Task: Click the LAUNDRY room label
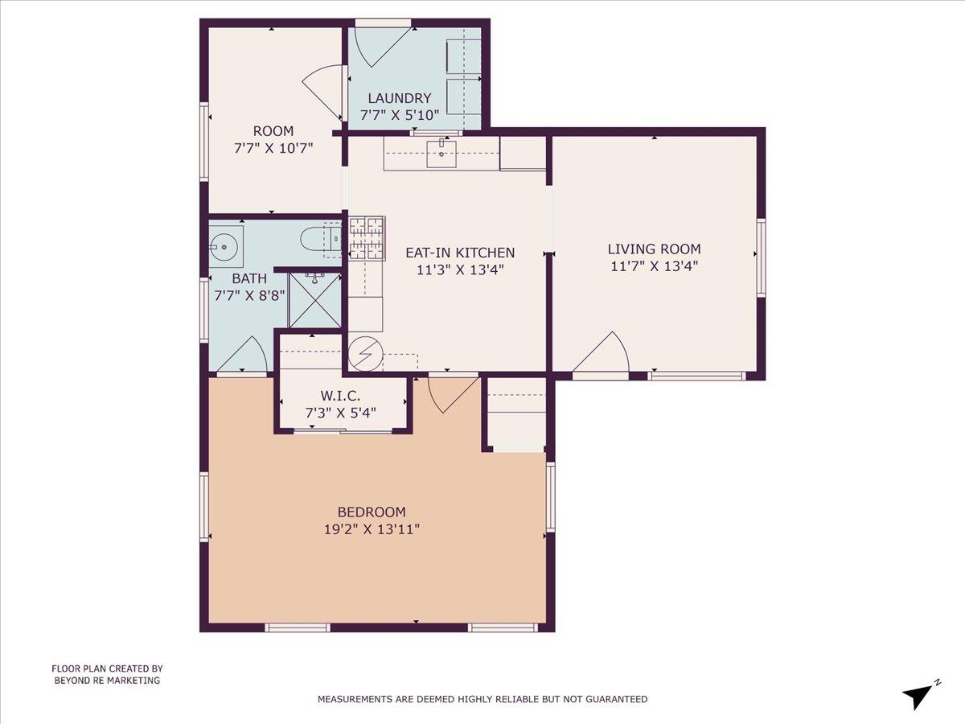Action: click(x=400, y=99)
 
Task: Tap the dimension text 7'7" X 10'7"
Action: click(x=273, y=148)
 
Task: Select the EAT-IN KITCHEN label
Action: click(x=460, y=253)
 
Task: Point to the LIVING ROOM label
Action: click(x=654, y=249)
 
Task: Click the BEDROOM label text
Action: click(x=372, y=512)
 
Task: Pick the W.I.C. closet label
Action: click(x=341, y=395)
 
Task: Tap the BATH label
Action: click(x=249, y=278)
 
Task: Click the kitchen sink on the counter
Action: click(x=441, y=153)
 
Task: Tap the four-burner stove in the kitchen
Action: click(x=367, y=238)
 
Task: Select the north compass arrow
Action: click(x=919, y=694)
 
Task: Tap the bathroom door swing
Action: click(x=244, y=356)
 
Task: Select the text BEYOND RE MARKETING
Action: click(x=107, y=681)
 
